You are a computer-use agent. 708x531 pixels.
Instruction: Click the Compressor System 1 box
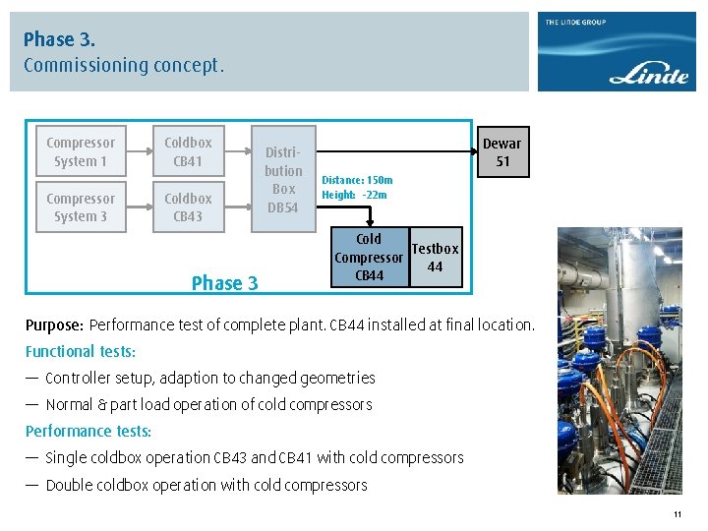tap(81, 151)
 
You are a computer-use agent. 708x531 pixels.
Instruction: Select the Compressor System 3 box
tap(81, 207)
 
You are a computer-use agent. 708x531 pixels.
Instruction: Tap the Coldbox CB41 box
tap(188, 151)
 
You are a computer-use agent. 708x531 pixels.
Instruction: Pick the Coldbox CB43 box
tap(188, 207)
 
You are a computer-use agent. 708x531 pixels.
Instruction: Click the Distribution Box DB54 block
tap(283, 179)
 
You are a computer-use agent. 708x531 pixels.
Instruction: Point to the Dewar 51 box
tap(502, 151)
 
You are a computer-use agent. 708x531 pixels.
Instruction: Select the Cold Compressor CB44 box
tap(369, 258)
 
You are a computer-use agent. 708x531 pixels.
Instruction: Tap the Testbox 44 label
tap(435, 258)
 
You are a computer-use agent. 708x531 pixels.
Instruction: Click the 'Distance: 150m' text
tap(357, 180)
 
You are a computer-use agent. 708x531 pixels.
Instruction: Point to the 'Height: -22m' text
tap(354, 195)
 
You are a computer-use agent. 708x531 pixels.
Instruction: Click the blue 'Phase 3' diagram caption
tap(224, 283)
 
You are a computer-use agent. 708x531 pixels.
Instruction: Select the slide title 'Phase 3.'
tap(59, 39)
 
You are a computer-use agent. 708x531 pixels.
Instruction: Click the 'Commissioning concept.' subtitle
tap(124, 66)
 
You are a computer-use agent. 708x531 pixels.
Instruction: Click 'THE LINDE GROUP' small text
tap(575, 23)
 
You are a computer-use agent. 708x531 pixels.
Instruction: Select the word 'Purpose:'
tap(55, 325)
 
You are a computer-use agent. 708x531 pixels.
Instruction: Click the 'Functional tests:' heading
tap(81, 351)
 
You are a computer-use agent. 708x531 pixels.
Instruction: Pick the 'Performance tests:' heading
tap(88, 431)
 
